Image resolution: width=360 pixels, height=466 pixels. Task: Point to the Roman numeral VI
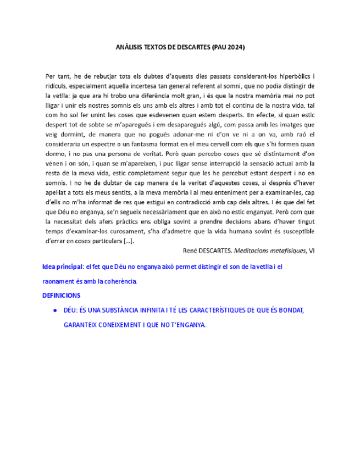[x=311, y=251]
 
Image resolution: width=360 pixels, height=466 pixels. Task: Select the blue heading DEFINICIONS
[x=60, y=295]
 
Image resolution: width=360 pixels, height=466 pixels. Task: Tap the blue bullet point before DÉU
[x=56, y=310]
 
